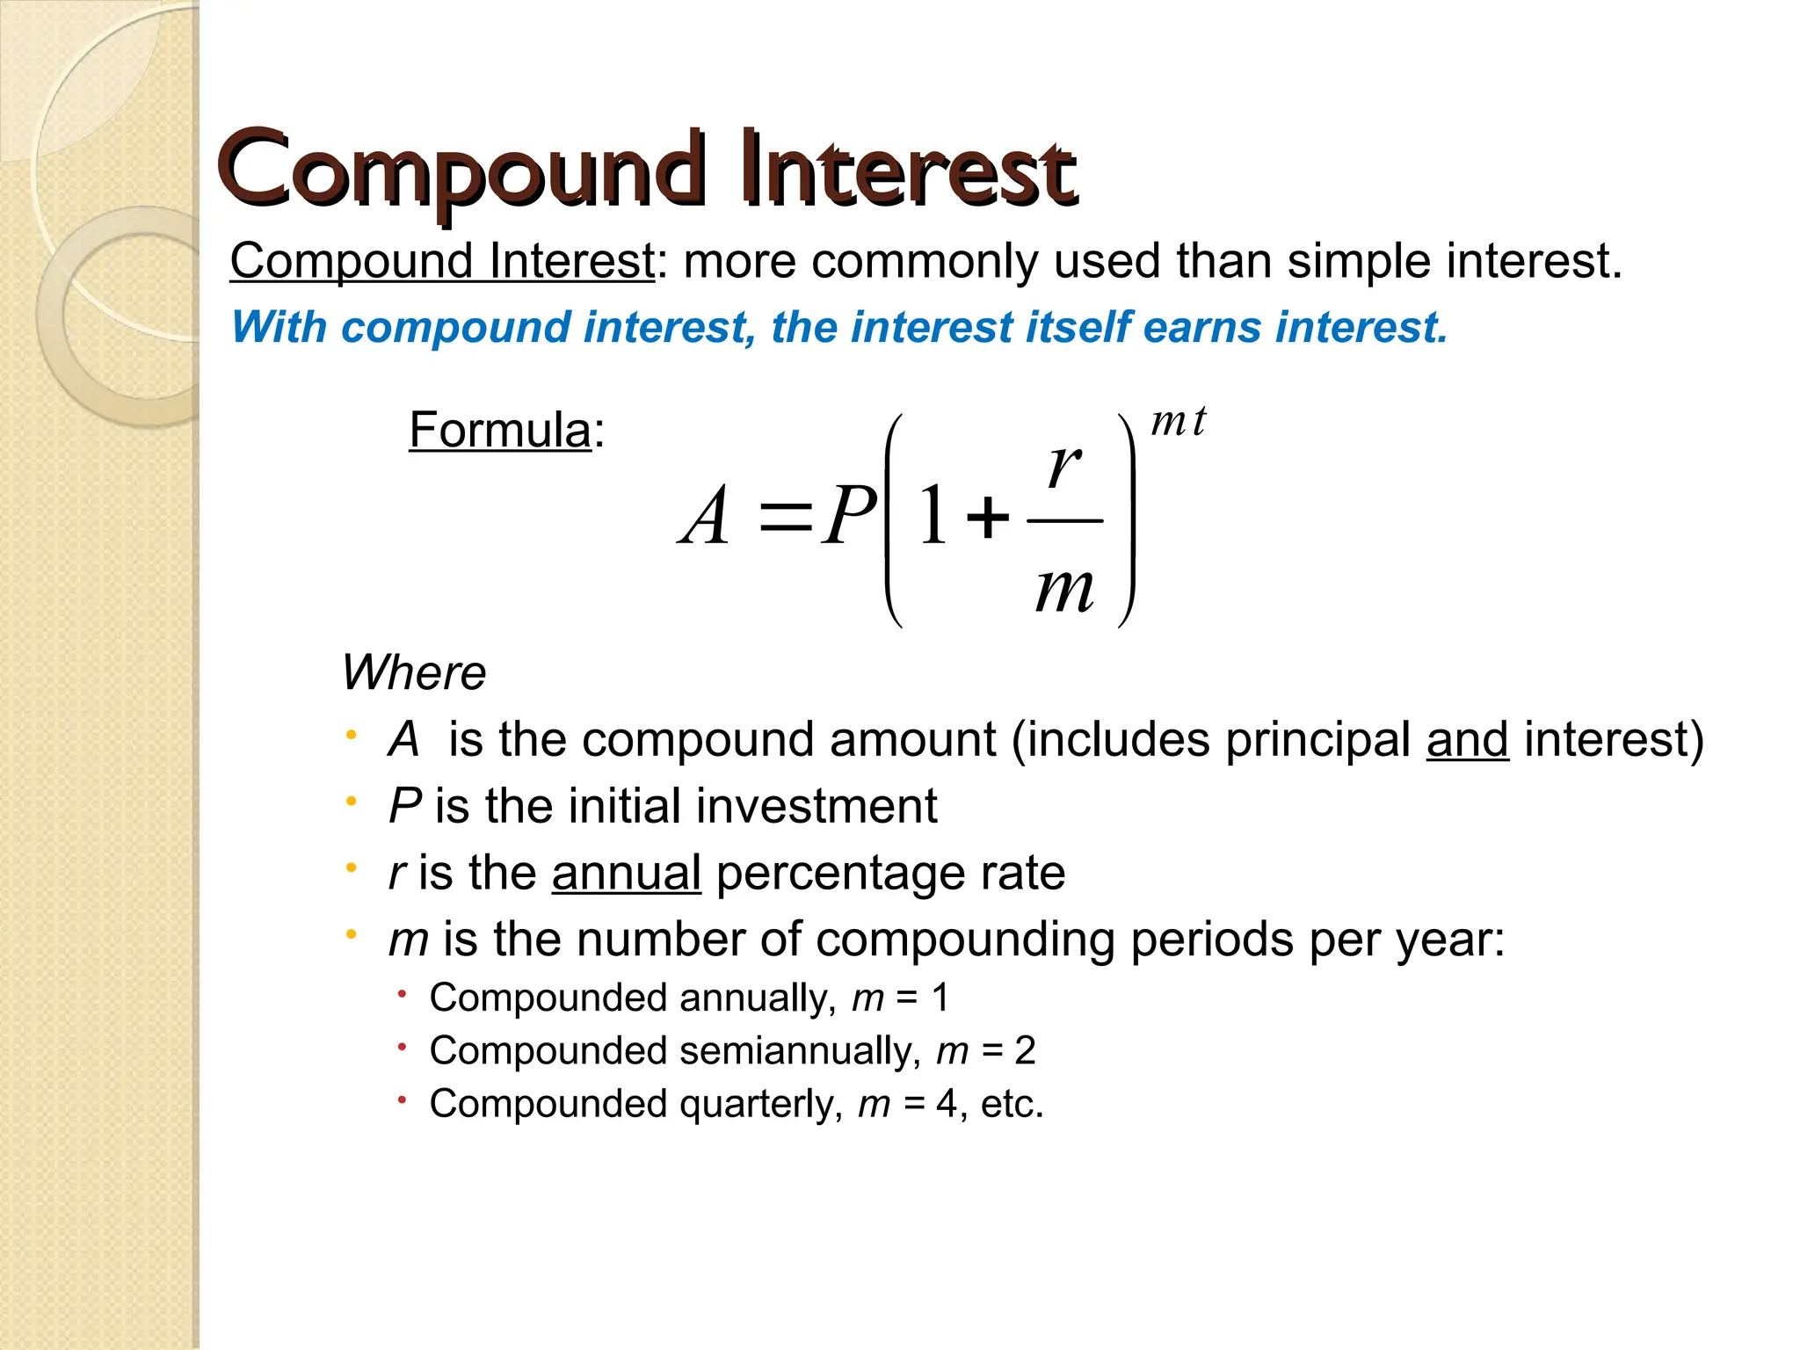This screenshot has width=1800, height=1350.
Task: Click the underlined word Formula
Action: pos(499,431)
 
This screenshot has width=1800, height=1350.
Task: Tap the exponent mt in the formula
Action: pos(1179,422)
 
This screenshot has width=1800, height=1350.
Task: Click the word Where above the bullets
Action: pos(413,673)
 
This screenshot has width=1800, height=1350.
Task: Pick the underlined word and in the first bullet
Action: pos(1467,740)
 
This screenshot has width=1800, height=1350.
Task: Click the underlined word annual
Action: pos(626,874)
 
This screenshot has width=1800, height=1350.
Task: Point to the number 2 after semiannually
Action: pos(1025,1050)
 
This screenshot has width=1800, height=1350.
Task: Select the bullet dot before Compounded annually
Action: pos(401,995)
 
